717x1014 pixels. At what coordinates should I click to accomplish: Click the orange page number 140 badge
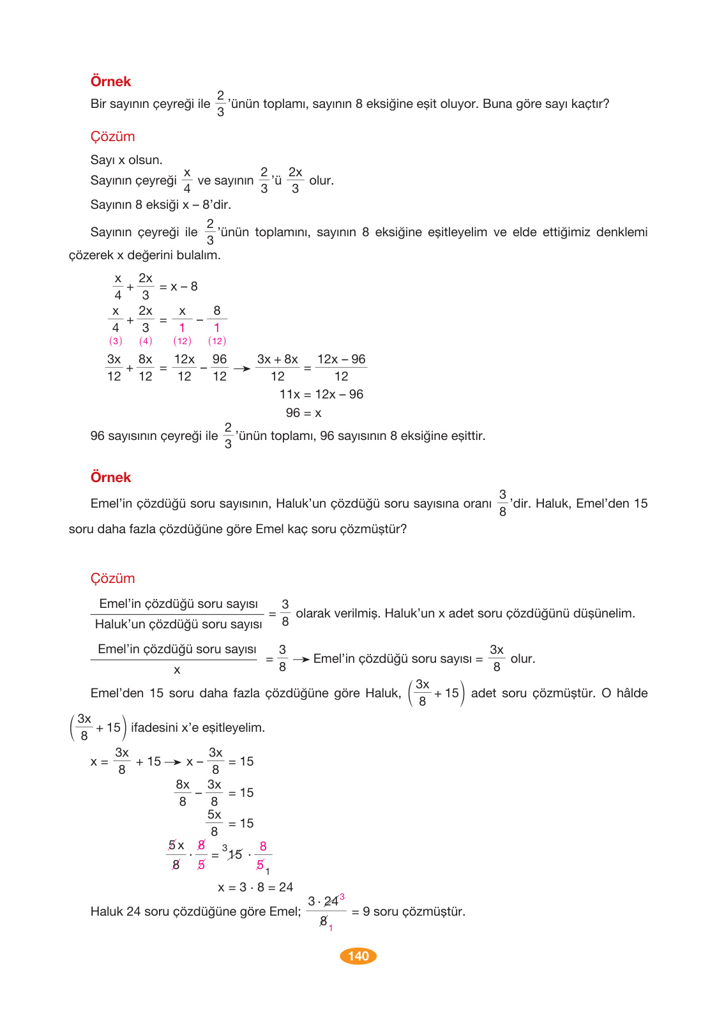(358, 956)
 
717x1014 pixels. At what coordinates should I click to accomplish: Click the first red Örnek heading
(110, 82)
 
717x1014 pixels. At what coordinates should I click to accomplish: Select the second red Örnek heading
(110, 478)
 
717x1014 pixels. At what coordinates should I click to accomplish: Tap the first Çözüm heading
(112, 137)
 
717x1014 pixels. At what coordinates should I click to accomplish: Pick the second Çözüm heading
(112, 579)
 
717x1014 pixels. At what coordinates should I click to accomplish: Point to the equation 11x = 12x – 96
(321, 395)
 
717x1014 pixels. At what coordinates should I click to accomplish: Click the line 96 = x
(303, 413)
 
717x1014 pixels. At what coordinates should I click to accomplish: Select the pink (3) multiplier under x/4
(116, 341)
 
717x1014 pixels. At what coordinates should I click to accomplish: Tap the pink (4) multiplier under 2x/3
(146, 341)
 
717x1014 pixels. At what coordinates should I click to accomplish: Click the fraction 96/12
(220, 368)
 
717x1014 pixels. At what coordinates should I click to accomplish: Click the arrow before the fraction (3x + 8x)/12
(242, 368)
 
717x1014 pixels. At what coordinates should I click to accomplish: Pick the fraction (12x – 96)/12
(342, 368)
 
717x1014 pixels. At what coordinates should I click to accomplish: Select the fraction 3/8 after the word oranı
(502, 503)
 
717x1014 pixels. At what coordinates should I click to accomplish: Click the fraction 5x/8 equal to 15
(214, 823)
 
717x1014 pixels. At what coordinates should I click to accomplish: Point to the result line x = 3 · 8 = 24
(255, 888)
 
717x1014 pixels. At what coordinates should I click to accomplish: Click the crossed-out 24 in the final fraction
(331, 901)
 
